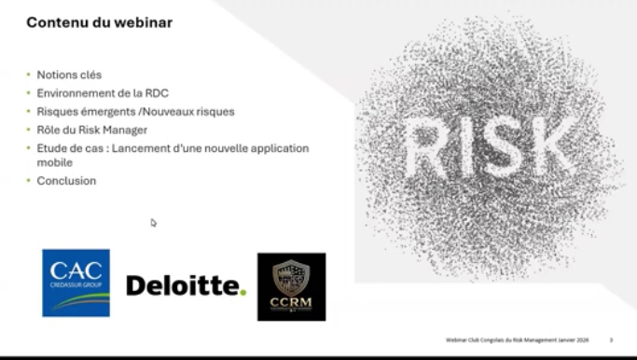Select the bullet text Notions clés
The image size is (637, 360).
point(69,75)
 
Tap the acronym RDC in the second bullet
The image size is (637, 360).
point(155,93)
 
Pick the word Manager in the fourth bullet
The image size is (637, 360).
point(126,130)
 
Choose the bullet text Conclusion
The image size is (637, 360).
point(66,181)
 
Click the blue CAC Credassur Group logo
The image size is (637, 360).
point(76,283)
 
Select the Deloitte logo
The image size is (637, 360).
point(185,285)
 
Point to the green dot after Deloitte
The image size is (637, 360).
point(243,293)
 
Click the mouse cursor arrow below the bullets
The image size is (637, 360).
point(154,223)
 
